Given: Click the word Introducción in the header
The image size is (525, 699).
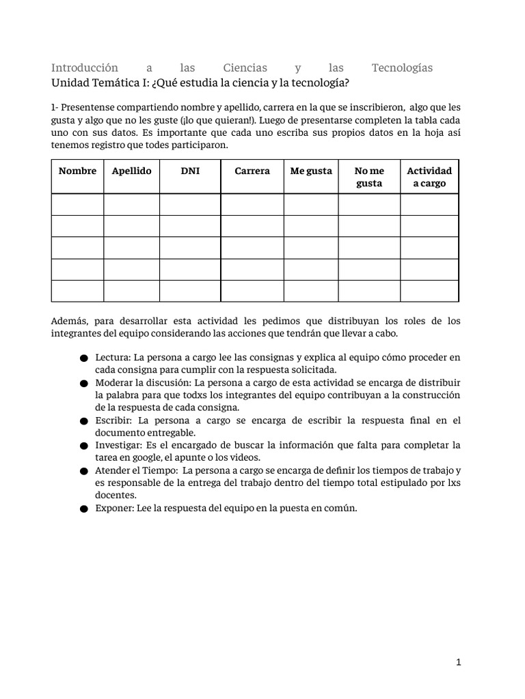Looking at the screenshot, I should click(x=85, y=68).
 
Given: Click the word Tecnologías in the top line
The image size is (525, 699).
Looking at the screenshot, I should click(x=402, y=68).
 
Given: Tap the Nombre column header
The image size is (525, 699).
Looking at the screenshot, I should click(x=77, y=171).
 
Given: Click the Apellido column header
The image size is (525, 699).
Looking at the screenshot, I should click(x=131, y=171).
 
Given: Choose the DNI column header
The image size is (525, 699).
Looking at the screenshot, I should click(x=190, y=171).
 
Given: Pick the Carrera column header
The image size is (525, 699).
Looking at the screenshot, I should click(x=252, y=171).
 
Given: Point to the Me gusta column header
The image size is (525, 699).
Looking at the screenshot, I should click(x=311, y=171).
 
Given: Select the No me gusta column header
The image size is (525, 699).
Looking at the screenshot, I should click(x=369, y=177).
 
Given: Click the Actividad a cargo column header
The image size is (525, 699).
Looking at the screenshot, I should click(x=429, y=177).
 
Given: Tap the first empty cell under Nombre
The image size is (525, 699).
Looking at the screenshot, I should click(x=77, y=204).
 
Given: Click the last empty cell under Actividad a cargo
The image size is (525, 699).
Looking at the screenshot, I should click(x=429, y=291).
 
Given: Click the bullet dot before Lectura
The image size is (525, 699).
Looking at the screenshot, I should click(x=83, y=358).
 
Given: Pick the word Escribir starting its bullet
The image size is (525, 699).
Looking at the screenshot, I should click(x=113, y=420).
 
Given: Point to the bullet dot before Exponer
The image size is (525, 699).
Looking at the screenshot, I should click(x=83, y=509).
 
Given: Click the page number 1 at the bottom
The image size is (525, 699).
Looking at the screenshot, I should click(x=459, y=661).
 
